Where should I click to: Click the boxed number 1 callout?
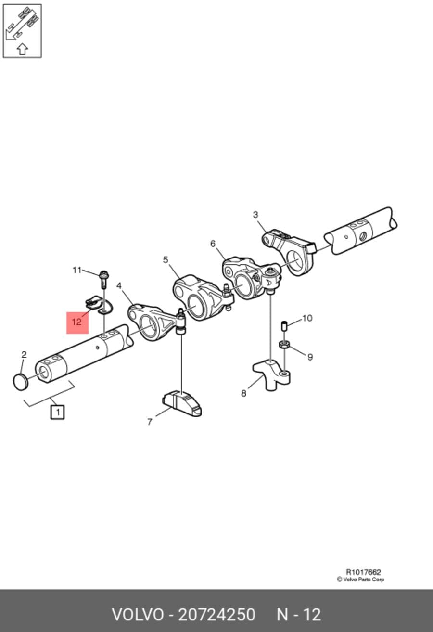click(x=57, y=412)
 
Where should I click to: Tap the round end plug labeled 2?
click(x=21, y=382)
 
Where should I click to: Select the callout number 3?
click(x=255, y=215)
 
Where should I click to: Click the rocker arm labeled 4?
click(x=156, y=322)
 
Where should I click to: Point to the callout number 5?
click(x=166, y=259)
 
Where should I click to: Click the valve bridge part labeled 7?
click(x=182, y=403)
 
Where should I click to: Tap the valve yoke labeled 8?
click(x=271, y=374)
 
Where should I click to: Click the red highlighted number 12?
click(x=77, y=322)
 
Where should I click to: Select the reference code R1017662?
click(x=363, y=572)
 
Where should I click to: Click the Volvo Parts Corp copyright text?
click(x=360, y=579)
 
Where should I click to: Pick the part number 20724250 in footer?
click(x=216, y=615)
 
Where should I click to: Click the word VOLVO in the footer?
click(x=138, y=615)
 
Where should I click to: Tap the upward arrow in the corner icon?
click(x=22, y=49)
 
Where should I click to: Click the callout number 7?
click(x=150, y=422)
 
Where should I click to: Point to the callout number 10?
click(x=307, y=318)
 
